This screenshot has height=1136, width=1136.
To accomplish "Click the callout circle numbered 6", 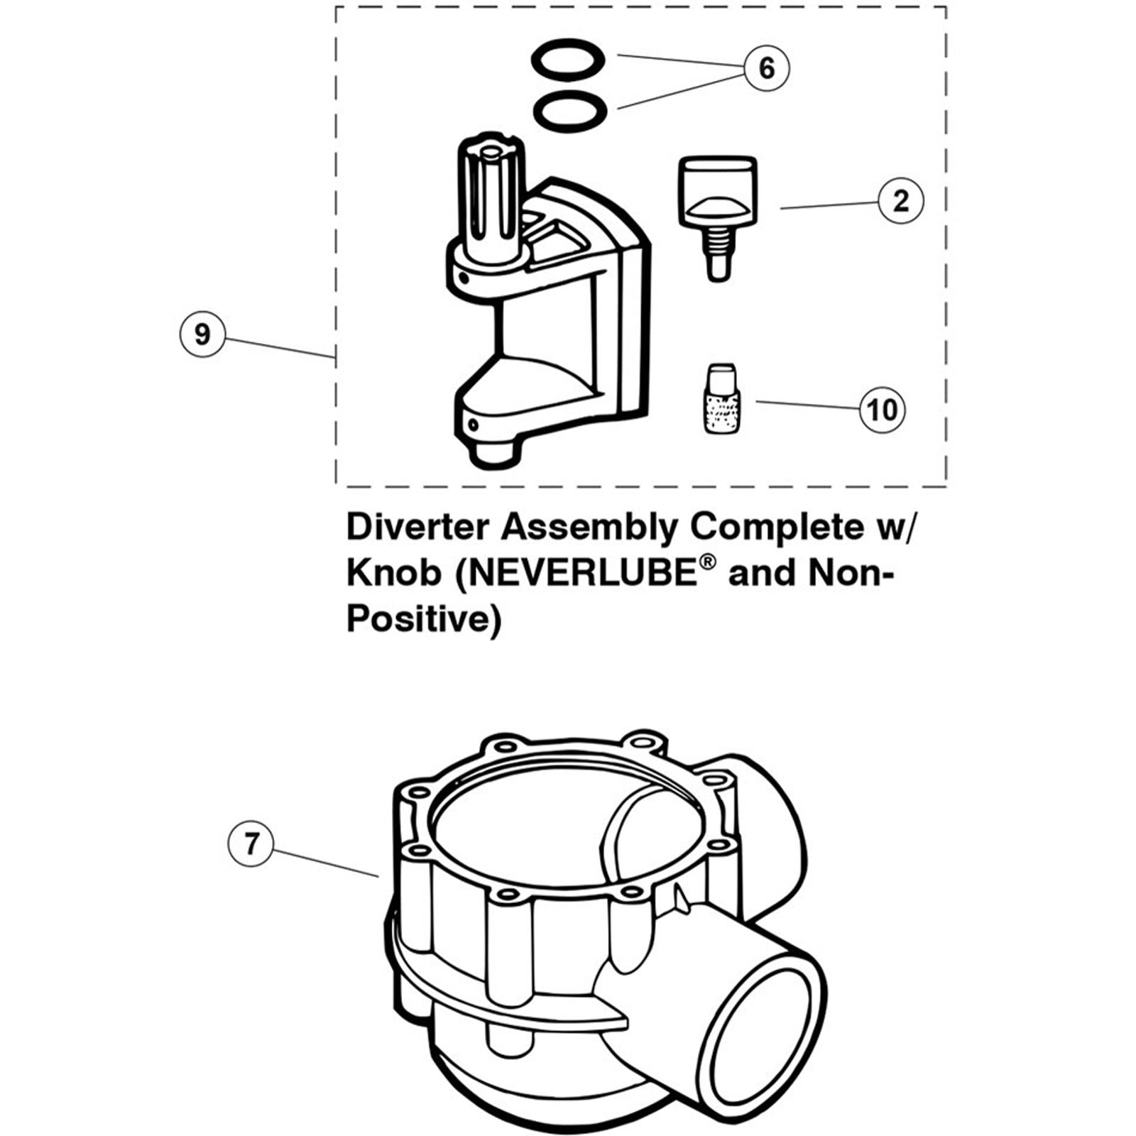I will click(x=767, y=68).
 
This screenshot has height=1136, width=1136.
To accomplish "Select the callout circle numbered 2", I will click(x=900, y=201).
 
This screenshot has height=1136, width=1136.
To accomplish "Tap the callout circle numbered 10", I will click(x=883, y=410).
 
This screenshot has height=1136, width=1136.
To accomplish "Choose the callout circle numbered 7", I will click(x=251, y=843).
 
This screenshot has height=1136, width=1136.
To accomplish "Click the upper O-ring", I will click(x=568, y=58).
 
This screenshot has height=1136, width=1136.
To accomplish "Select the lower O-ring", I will click(x=569, y=111).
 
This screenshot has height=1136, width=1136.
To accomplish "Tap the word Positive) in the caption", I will click(x=423, y=619).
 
